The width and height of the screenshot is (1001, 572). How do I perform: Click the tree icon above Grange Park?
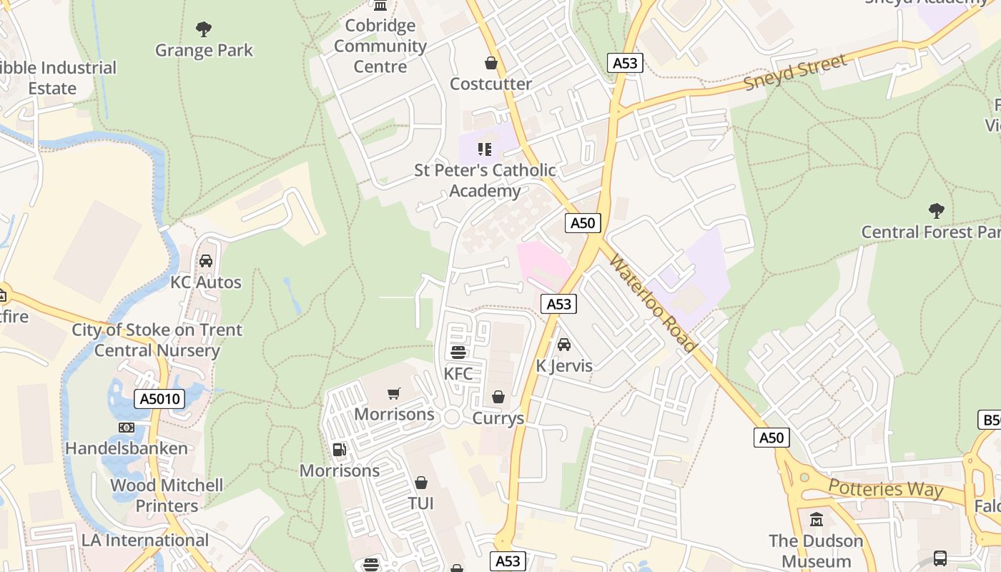204,29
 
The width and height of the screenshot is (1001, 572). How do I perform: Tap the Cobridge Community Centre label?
380,46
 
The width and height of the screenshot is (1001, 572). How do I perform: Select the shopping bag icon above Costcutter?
491,63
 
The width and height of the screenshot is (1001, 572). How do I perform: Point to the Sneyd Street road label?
795,72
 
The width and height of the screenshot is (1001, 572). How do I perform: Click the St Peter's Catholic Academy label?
485,180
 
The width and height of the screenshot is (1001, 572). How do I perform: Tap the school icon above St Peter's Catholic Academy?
485,149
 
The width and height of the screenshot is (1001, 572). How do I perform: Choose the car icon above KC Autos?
206,261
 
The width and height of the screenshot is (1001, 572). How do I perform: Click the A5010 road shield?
159,399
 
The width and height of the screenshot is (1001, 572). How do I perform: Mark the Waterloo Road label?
651,301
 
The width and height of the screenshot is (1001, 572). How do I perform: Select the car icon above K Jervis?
564,345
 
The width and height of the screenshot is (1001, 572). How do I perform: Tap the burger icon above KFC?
458,352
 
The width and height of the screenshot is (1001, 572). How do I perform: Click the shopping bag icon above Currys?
498,397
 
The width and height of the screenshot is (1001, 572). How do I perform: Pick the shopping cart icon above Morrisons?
394,393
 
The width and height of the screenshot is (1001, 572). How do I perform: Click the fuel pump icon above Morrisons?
340,450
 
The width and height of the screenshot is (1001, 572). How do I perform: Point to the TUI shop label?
421,503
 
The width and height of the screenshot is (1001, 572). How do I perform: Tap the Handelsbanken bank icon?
127,428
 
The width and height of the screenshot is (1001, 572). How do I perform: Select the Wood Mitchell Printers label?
167,495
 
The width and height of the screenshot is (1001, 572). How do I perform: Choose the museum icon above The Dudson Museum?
816,519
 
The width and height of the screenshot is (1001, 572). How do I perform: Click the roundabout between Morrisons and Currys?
452,418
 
